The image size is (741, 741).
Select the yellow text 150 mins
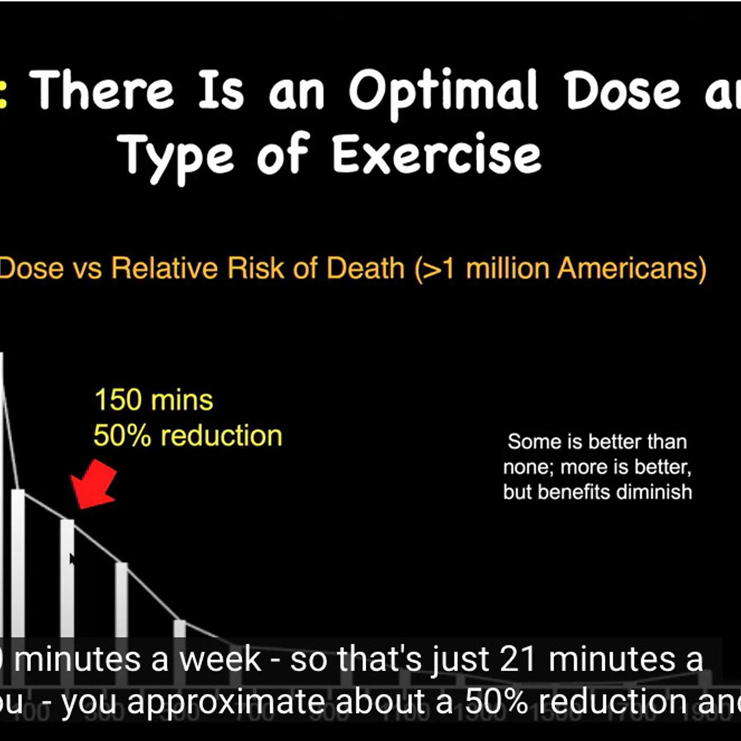(153, 400)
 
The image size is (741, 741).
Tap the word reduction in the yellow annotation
(221, 436)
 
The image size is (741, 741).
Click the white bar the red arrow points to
(67, 577)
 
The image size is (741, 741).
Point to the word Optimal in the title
(444, 92)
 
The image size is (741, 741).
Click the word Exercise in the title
(437, 154)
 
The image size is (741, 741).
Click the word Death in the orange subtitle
(365, 268)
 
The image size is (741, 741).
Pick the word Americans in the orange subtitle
(632, 268)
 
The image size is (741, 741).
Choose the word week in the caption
(220, 659)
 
